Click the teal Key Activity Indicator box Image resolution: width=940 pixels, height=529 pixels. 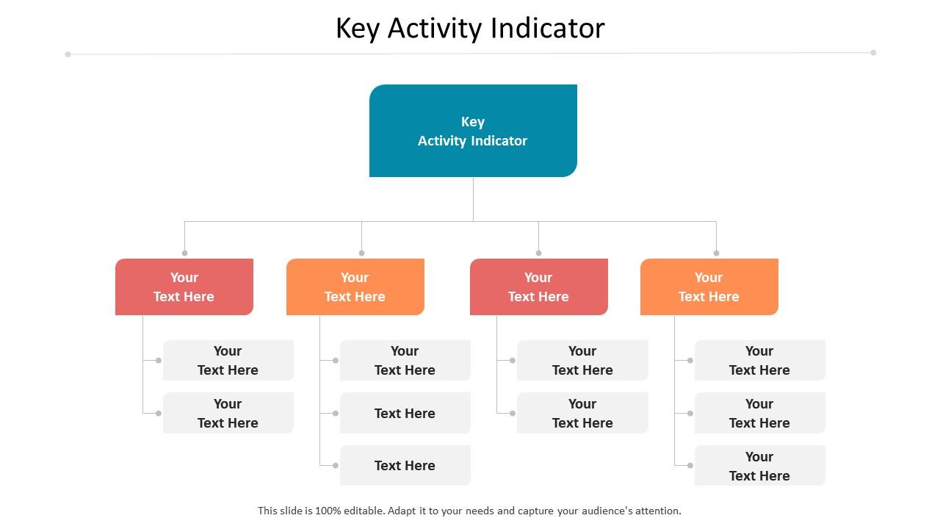[473, 131]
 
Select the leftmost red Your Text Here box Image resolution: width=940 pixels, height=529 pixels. [184, 287]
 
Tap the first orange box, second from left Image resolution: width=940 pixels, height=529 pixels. [355, 287]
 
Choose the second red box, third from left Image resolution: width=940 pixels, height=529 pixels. [538, 287]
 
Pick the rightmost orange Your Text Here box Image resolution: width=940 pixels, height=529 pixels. [709, 287]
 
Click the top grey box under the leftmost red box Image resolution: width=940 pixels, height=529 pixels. [228, 360]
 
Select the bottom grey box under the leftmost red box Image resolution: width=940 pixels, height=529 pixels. [228, 413]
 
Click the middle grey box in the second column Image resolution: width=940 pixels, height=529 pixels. [405, 413]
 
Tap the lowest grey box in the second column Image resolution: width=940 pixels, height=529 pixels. [405, 465]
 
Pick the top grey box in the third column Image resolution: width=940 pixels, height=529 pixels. [582, 360]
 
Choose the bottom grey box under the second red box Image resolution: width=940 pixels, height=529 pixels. [582, 413]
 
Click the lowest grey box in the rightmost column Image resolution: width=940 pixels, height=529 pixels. [759, 465]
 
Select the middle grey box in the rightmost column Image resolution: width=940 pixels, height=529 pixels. [759, 413]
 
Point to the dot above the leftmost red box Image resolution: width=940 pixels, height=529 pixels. [184, 253]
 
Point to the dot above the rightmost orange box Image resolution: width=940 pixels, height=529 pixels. [716, 253]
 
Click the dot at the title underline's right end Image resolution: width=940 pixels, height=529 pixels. [873, 52]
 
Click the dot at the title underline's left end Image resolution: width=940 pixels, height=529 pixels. [68, 54]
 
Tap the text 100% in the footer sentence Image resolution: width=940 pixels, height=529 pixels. [328, 511]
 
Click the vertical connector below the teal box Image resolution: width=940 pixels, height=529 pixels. [473, 198]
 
